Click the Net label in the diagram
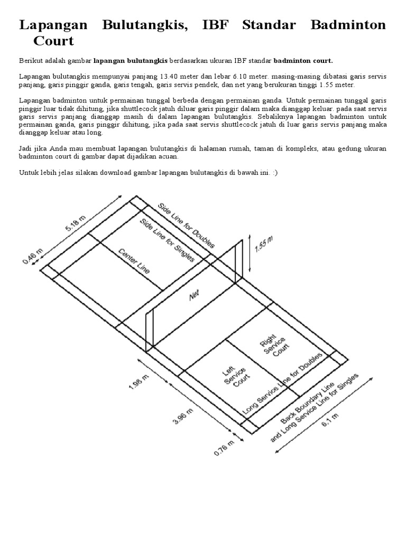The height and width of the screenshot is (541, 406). pyautogui.click(x=194, y=296)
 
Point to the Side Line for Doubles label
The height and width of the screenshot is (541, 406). pyautogui.click(x=186, y=225)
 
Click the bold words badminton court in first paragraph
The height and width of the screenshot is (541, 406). pyautogui.click(x=303, y=60)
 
